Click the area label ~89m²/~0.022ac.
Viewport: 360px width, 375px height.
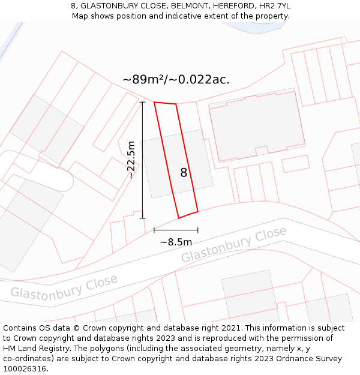click(x=176, y=79)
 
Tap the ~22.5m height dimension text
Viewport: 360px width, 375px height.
click(x=131, y=160)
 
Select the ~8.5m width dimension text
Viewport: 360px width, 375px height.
click(x=176, y=242)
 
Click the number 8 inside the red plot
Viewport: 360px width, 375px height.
click(x=184, y=173)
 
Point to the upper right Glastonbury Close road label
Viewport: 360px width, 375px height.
click(x=234, y=244)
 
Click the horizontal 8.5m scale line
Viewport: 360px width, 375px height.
click(x=176, y=230)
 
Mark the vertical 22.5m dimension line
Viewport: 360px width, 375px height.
click(x=143, y=160)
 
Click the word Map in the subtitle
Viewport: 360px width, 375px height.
click(x=80, y=16)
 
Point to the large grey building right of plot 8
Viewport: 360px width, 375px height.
click(x=257, y=126)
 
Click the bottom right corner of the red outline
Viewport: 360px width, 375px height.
click(x=197, y=211)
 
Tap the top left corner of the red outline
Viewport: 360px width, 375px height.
click(x=154, y=102)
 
